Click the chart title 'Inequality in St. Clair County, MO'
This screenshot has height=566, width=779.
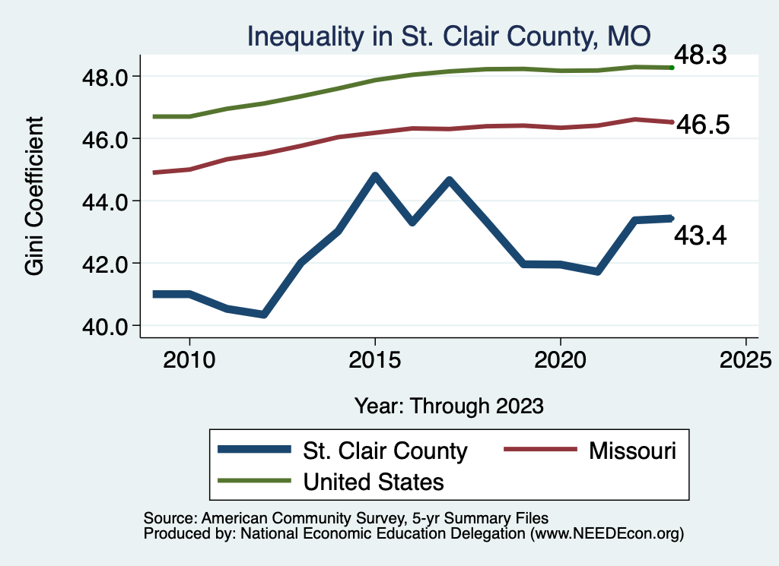coord(448,36)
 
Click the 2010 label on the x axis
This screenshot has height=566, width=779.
coord(189,359)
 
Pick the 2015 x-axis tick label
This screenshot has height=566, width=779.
coord(374,359)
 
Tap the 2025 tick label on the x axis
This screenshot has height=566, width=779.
coord(746,359)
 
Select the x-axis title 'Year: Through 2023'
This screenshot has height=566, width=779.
coord(449,406)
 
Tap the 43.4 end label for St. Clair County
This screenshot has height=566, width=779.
coord(701,236)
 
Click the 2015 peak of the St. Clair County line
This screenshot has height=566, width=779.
coord(374,175)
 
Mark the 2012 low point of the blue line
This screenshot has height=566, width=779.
coord(263,314)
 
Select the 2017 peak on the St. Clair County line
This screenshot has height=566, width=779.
coord(449,180)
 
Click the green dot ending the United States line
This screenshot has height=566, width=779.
coord(672,68)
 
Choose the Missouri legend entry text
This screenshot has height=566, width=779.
coord(632,451)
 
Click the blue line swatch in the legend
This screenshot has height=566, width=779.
coord(255,451)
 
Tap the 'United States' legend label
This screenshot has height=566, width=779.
coord(374,481)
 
